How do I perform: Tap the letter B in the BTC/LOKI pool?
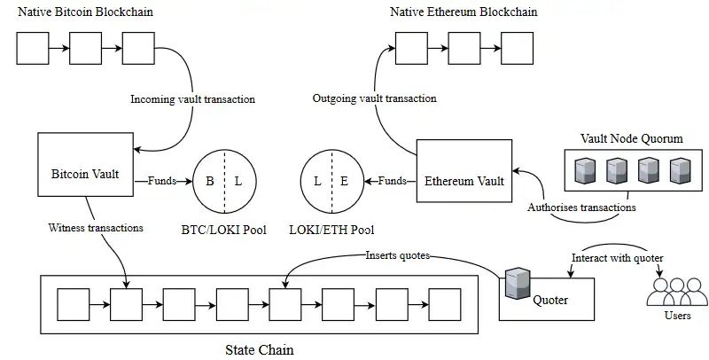210,181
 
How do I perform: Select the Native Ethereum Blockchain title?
464,12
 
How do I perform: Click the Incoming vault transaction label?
192,99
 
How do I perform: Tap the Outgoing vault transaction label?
375,99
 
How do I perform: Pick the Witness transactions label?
96,228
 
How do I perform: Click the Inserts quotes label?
398,255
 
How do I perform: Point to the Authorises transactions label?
581,208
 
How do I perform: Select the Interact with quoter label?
618,257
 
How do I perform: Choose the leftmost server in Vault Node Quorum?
583,170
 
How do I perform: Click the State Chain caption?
260,349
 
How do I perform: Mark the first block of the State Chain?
73,305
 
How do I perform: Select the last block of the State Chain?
446,305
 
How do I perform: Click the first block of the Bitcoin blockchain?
33,49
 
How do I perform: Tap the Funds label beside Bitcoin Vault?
161,181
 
